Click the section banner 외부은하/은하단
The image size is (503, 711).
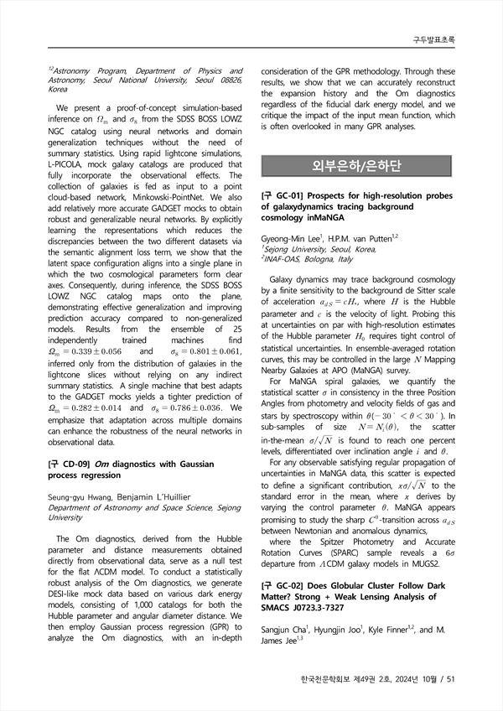point(357,164)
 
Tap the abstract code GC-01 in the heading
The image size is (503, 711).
point(287,195)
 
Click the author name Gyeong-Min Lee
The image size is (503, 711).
point(293,239)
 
